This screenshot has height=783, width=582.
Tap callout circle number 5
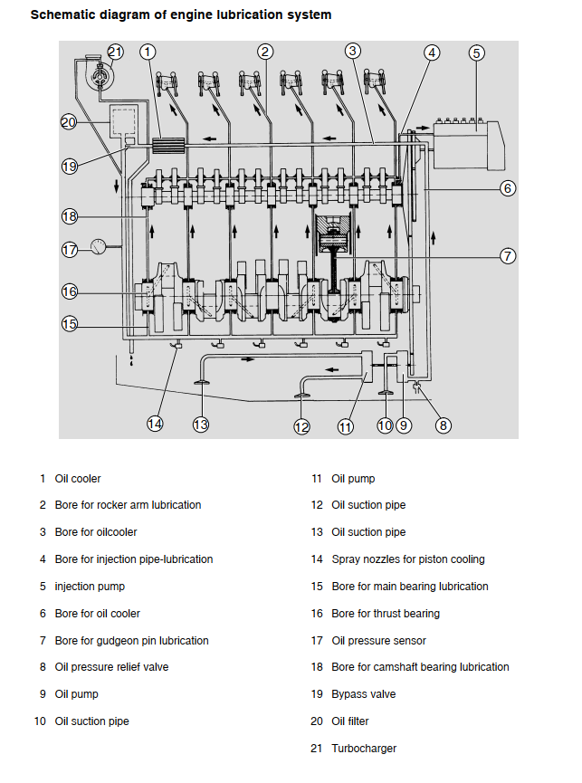click(x=477, y=53)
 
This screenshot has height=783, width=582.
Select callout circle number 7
click(x=508, y=256)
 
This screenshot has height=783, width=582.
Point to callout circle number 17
click(x=70, y=250)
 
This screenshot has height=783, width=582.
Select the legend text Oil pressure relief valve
click(x=111, y=667)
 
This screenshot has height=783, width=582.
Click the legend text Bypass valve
click(x=363, y=694)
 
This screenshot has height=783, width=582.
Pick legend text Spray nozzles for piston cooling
click(x=408, y=559)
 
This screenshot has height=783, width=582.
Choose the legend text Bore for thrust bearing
click(x=386, y=614)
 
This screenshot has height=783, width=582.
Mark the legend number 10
click(x=40, y=721)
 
